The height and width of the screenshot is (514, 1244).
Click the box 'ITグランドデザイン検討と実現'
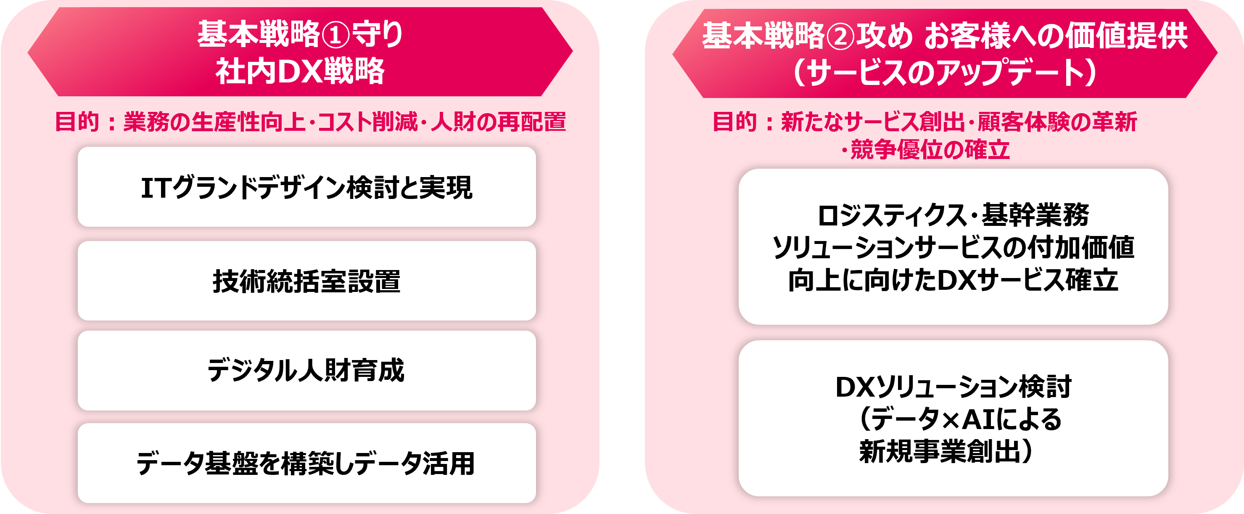[306, 187]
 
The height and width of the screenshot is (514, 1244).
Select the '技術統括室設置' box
[306, 281]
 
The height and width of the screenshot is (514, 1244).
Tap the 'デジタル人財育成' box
[306, 371]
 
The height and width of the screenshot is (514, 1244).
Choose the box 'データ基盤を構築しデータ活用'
[306, 463]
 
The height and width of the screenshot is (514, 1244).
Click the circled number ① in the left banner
[335, 35]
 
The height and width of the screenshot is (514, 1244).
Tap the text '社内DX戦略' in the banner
[300, 71]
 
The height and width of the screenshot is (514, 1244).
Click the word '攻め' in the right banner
[885, 36]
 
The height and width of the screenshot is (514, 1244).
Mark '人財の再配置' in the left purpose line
[498, 122]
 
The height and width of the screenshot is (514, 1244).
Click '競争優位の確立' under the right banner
[930, 150]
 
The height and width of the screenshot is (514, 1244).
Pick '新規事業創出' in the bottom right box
[939, 451]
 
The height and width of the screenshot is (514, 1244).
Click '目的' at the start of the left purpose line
[77, 122]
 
